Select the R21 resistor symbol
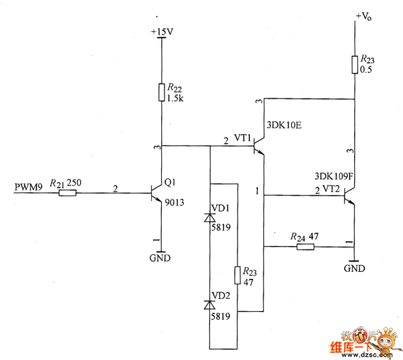click(x=67, y=194)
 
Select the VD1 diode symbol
click(x=210, y=218)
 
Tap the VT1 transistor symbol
click(x=259, y=146)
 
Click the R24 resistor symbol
click(x=305, y=247)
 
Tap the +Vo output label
click(x=364, y=17)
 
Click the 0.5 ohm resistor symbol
click(x=355, y=65)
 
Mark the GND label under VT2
click(x=355, y=268)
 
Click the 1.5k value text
click(x=174, y=98)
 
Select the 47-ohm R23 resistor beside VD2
click(x=238, y=275)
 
